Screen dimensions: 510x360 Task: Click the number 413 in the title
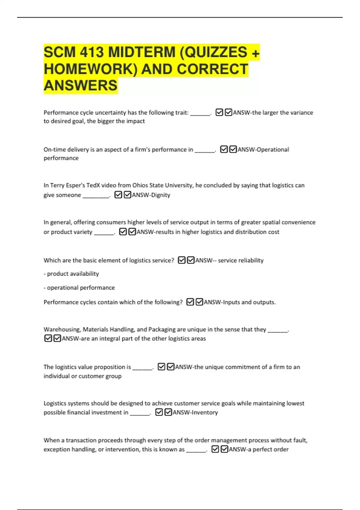(92, 52)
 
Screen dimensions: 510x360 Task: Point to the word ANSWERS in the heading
(80, 85)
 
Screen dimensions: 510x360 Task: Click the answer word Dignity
(160, 195)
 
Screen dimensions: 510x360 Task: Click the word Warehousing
(62, 329)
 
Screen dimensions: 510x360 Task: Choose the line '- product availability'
(71, 274)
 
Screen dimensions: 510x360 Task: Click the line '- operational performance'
(79, 288)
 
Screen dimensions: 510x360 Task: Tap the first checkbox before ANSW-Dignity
(118, 195)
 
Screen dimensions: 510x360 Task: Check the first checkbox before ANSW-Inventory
(159, 412)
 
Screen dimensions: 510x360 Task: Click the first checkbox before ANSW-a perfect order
(215, 449)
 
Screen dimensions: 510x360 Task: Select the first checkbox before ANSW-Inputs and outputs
(190, 302)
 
